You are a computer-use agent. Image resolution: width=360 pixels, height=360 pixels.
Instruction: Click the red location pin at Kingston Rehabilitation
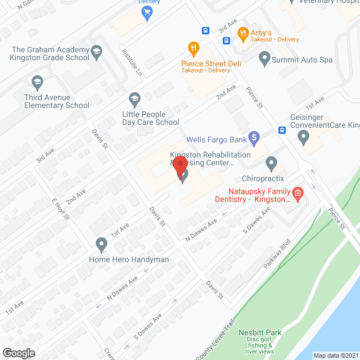(180, 167)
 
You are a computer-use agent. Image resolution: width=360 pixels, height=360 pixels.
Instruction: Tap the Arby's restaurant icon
(243, 33)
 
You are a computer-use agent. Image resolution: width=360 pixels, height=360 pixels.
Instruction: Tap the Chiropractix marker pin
(272, 164)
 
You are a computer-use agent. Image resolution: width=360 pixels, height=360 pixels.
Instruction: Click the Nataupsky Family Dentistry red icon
(298, 195)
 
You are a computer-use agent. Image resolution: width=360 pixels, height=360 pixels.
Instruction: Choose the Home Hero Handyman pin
(101, 244)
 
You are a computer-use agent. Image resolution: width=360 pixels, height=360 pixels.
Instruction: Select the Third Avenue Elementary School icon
(38, 82)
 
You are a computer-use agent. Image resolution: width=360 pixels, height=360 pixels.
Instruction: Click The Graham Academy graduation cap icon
(96, 53)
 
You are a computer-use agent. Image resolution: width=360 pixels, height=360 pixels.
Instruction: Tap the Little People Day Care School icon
(134, 99)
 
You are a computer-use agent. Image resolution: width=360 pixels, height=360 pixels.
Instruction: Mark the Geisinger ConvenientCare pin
(304, 136)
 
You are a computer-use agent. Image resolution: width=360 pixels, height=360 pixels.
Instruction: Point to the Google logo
(19, 353)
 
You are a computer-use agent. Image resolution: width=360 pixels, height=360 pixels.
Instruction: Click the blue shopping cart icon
(147, 11)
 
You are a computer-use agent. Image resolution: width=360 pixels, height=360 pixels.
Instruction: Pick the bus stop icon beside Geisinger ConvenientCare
(282, 130)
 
